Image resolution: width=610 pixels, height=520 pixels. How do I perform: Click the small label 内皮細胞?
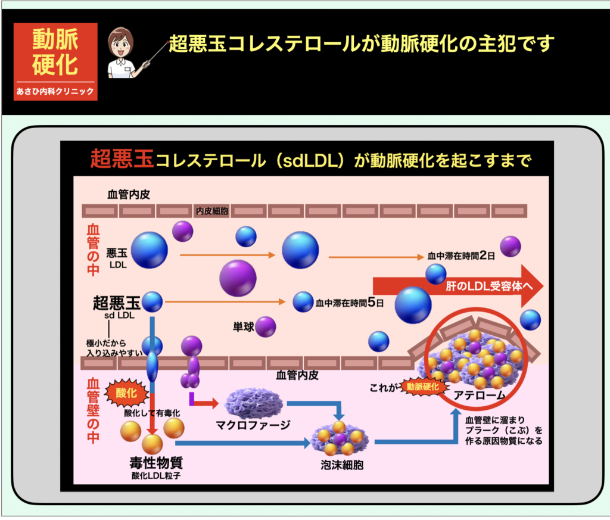(211, 211)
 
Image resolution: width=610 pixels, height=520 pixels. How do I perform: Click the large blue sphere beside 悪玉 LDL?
(149, 250)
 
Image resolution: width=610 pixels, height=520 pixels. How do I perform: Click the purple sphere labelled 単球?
(266, 326)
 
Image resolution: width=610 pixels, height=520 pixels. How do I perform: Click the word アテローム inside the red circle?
(480, 395)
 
